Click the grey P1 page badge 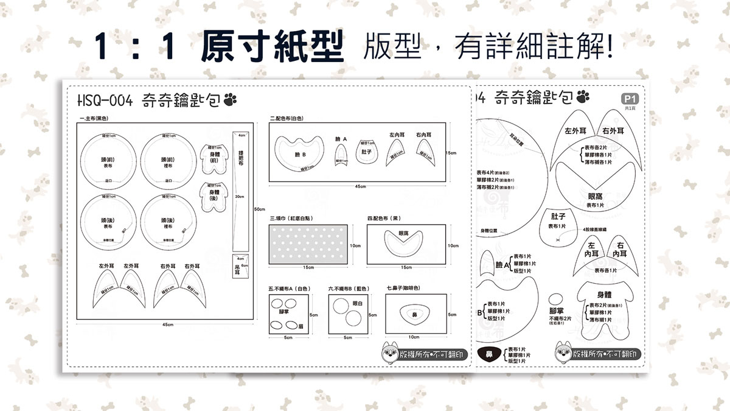click(630, 98)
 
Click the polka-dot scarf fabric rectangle click(308, 244)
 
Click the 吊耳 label click(237, 267)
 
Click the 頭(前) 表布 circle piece click(108, 161)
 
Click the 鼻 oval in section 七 click(414, 314)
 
